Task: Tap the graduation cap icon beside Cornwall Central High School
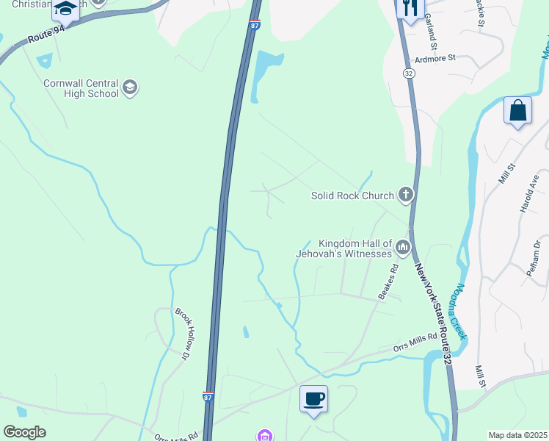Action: point(130,88)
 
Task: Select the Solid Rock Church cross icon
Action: point(404,195)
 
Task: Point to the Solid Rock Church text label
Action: point(352,196)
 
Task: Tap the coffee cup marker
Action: point(313,399)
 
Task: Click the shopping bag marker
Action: point(517,111)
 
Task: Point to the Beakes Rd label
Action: point(388,282)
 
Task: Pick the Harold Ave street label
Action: point(529,193)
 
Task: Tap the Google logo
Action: point(24,432)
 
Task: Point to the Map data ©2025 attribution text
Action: point(517,435)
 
